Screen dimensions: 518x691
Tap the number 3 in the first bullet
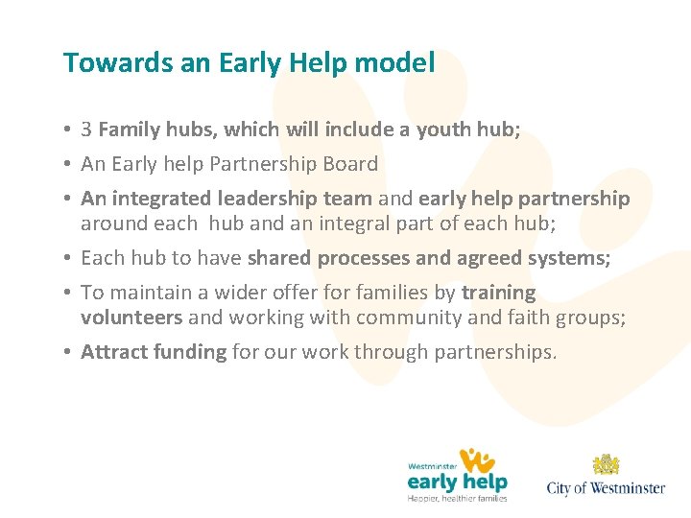[86, 129]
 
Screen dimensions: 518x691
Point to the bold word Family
[130, 129]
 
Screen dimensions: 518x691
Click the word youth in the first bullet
[444, 129]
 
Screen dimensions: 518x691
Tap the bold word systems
[576, 258]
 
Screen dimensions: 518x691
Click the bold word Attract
[111, 352]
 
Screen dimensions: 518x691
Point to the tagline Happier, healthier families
[457, 498]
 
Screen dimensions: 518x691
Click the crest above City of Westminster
[606, 465]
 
